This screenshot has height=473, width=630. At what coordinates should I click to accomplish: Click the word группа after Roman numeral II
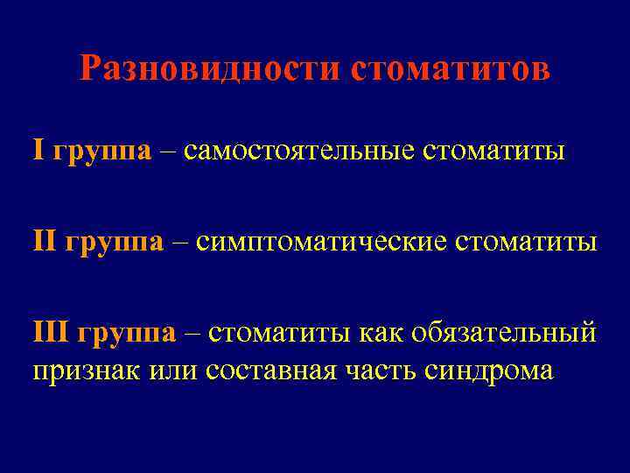pyautogui.click(x=114, y=241)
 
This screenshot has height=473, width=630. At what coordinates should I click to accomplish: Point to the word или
pyautogui.click(x=174, y=370)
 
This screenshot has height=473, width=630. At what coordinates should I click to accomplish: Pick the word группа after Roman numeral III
pyautogui.click(x=127, y=333)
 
